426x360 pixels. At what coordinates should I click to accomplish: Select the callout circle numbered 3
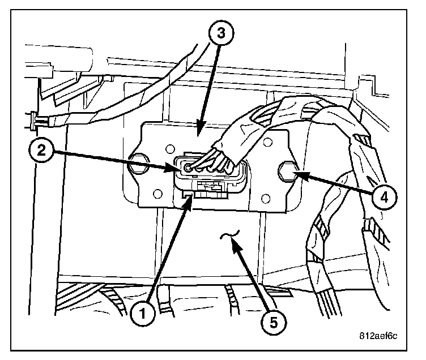220,33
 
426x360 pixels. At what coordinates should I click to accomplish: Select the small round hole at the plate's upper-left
168,148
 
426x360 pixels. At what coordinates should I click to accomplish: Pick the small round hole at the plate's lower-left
158,194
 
